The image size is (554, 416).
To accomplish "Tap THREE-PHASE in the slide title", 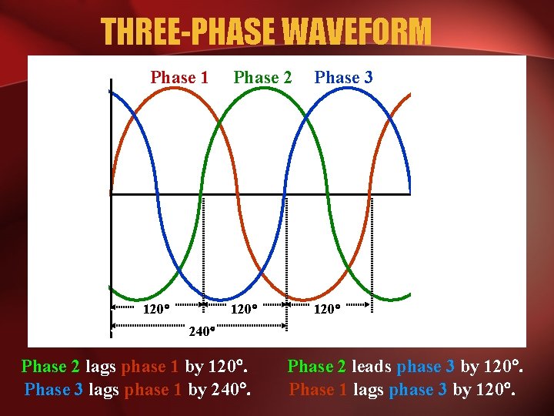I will pos(188,32).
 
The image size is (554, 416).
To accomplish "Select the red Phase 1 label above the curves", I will pos(179,77).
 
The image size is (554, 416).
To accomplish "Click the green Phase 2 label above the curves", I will pos(262,77).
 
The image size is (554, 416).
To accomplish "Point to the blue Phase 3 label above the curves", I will pos(344,77).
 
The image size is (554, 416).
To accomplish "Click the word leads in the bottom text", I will pos(371,367).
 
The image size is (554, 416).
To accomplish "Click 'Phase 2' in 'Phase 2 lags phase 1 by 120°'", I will pos(51,367).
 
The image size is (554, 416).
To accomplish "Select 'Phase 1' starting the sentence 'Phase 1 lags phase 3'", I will pos(318,389).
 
